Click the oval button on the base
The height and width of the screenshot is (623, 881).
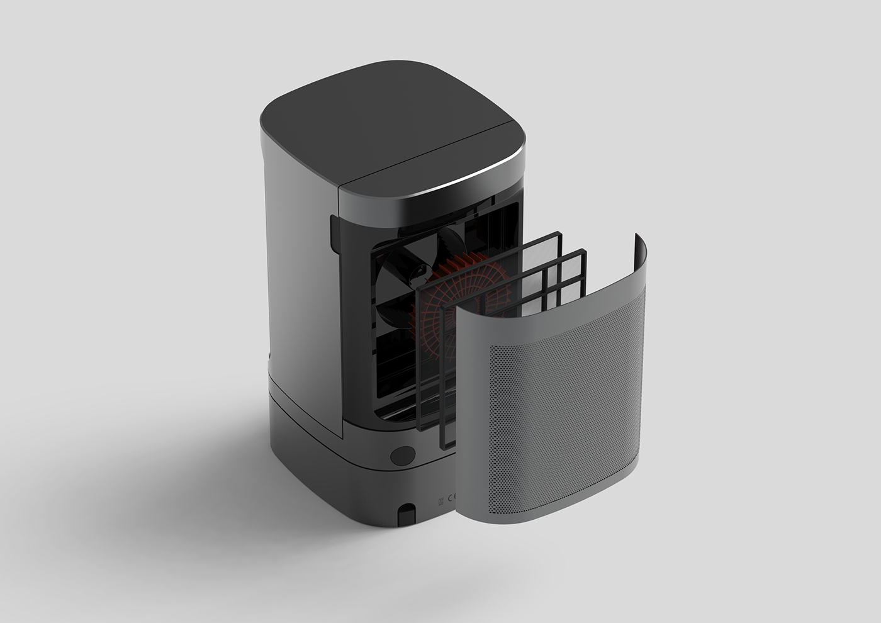402,456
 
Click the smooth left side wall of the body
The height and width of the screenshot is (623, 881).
296,283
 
